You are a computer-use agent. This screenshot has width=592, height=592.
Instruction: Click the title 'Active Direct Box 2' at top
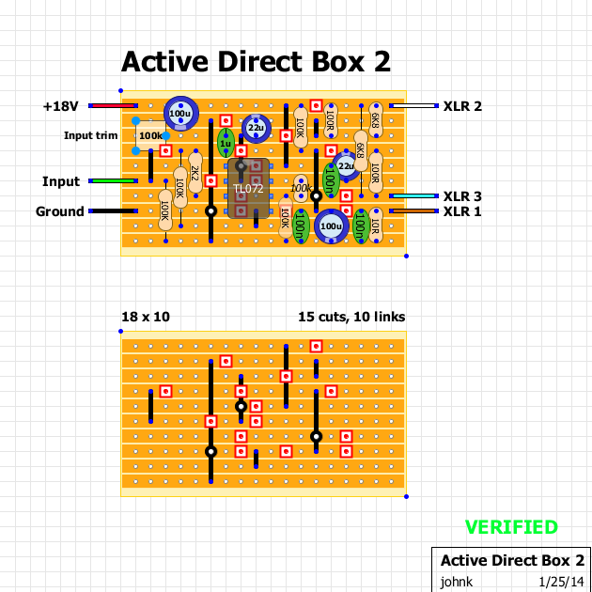[x=256, y=62]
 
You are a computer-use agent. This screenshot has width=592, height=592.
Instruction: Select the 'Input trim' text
[x=90, y=135]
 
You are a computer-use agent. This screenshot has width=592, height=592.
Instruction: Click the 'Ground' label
[x=60, y=211]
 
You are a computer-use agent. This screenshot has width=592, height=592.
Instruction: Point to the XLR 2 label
[x=462, y=106]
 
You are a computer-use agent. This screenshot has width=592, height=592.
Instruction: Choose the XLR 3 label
[x=462, y=196]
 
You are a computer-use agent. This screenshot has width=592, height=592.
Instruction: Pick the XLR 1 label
[x=462, y=211]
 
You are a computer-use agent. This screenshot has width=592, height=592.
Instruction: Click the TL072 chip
[x=248, y=189]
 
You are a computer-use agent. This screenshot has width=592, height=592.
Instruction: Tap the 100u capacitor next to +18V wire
[x=179, y=114]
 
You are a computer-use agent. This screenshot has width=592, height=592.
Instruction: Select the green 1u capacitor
[x=225, y=144]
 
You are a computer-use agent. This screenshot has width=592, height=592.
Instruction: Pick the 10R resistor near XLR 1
[x=375, y=226]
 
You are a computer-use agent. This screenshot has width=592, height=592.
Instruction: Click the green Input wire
[x=114, y=181]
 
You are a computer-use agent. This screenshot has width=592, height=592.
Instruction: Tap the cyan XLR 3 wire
[x=413, y=196]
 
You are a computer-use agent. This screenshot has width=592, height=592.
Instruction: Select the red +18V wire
[x=114, y=106]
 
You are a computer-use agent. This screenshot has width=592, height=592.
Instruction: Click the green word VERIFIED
[x=511, y=527]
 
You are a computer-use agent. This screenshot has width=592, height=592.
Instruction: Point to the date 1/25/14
[x=561, y=582]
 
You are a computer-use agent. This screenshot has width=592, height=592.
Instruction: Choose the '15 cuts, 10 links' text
[x=351, y=317]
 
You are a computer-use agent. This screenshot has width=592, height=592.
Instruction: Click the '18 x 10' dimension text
[x=146, y=317]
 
